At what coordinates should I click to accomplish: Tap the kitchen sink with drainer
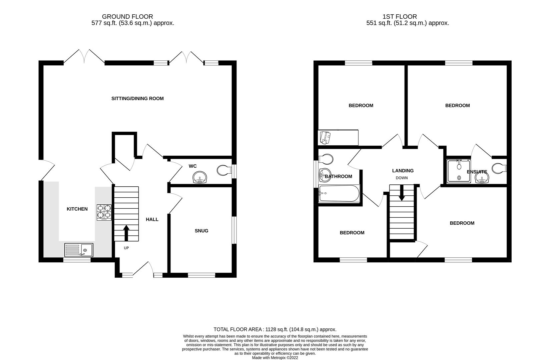(x=79, y=250)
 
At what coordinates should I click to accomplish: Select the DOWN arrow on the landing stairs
(x=402, y=193)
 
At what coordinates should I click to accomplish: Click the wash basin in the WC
(x=200, y=177)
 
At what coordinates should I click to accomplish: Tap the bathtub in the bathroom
(x=339, y=194)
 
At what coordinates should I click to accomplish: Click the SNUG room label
(x=201, y=231)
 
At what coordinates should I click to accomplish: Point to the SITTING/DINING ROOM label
(x=137, y=98)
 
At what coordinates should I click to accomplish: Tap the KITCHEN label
(x=77, y=209)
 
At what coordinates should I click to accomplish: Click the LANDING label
(x=403, y=171)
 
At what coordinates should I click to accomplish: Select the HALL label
(x=152, y=219)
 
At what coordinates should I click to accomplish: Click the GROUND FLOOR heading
(x=127, y=16)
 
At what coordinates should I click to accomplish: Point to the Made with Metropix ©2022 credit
(x=275, y=358)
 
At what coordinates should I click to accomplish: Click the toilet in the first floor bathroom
(x=326, y=159)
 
